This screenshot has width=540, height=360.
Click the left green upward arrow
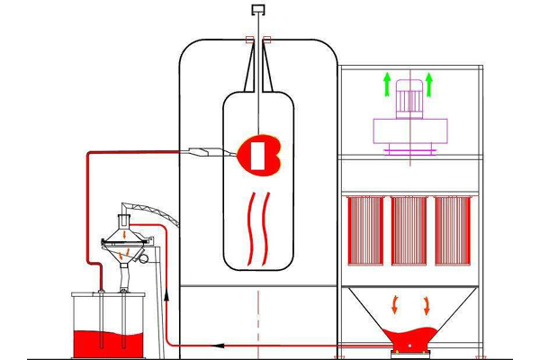pos(387,86)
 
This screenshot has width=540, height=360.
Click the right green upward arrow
pos(429,86)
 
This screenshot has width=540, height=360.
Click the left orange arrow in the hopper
pos(393,303)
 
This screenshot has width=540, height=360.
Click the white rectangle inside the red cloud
pos(258,154)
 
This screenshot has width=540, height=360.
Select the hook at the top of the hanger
pos(258,11)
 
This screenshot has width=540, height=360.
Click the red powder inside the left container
pos(110,341)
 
